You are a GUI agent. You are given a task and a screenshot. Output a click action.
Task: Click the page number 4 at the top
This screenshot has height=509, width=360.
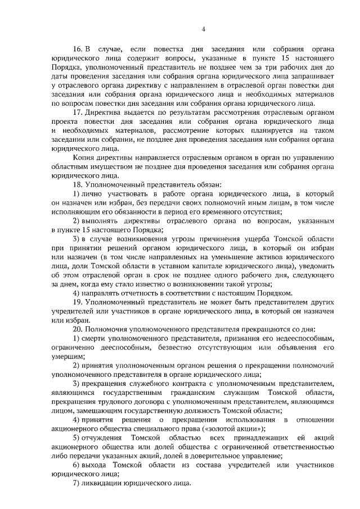204,29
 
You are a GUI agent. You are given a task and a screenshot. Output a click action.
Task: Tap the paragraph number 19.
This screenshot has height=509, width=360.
78,301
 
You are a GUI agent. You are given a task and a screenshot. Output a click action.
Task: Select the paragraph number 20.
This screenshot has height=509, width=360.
78,328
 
